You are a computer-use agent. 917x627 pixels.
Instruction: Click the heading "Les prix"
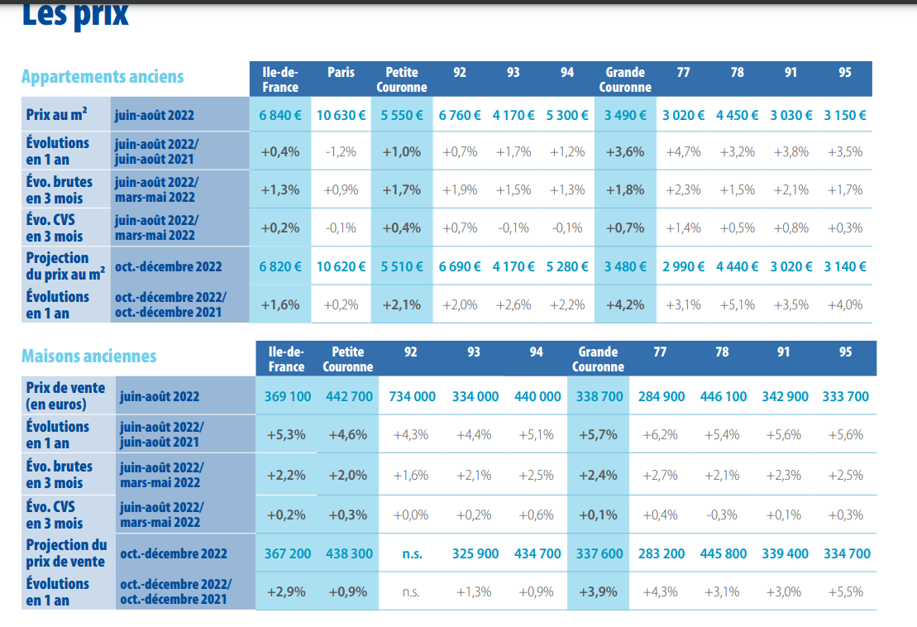[x=74, y=14]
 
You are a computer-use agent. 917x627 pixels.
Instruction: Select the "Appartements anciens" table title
[x=103, y=77]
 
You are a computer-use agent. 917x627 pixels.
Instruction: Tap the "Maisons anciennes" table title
[x=88, y=357]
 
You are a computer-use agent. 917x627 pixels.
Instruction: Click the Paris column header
[x=341, y=73]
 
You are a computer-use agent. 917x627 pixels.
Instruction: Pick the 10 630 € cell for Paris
[x=341, y=115]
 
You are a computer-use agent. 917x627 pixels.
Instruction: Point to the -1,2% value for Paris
[x=341, y=152]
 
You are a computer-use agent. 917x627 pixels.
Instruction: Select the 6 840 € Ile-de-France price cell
[x=280, y=115]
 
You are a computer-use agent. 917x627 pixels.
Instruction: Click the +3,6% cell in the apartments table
[x=625, y=152]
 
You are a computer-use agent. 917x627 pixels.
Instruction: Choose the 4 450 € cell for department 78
[x=737, y=115]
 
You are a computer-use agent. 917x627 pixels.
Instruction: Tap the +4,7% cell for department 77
[x=683, y=152]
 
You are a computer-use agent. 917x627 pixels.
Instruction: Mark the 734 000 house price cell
[x=412, y=396]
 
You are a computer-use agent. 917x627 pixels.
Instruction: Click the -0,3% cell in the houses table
[x=722, y=515]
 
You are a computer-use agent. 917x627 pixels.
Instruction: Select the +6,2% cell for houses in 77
[x=660, y=435]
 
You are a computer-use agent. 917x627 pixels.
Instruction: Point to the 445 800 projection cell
[x=724, y=553]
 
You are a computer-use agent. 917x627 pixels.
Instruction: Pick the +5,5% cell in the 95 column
[x=846, y=591]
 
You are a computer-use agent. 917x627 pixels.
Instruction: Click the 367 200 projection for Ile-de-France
[x=288, y=553]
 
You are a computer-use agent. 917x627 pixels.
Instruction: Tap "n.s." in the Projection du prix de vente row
[x=412, y=553]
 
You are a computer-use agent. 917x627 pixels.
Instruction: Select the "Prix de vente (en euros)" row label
[x=58, y=396]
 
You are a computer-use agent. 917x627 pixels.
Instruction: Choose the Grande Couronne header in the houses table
[x=598, y=359]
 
